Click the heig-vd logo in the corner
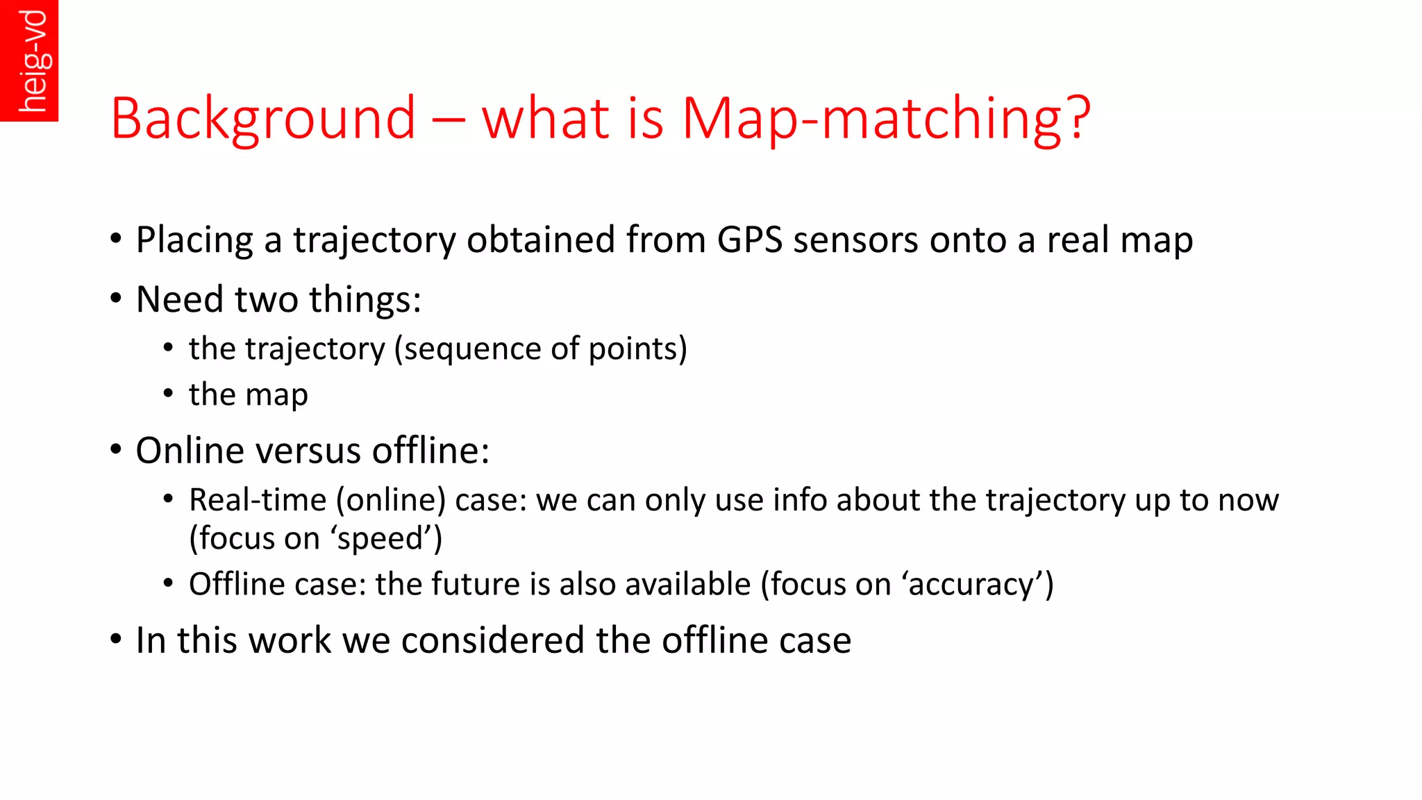tap(29, 60)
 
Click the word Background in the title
tap(263, 118)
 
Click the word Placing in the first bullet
tap(194, 240)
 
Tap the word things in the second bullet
tap(365, 300)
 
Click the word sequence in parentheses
tap(472, 349)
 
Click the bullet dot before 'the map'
tap(168, 393)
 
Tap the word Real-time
tap(258, 500)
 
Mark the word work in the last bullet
tap(290, 640)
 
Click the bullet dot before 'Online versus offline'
tap(116, 449)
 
